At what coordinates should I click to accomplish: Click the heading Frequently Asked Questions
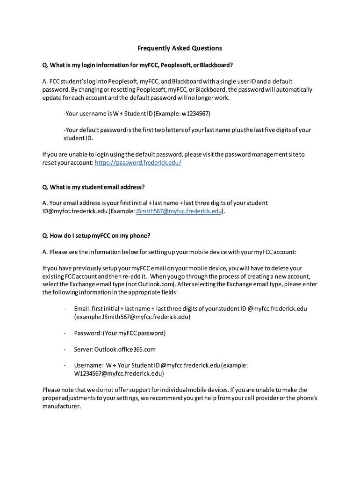pyautogui.click(x=180, y=48)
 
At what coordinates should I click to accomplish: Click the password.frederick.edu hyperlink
pyautogui.click(x=138, y=163)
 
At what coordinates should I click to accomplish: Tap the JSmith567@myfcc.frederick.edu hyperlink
pyautogui.click(x=178, y=211)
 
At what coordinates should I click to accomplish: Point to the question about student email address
pyautogui.click(x=94, y=187)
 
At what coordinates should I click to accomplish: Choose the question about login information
pyautogui.click(x=137, y=65)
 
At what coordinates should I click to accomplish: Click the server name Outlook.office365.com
pyautogui.click(x=125, y=349)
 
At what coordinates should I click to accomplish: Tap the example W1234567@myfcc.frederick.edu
pyautogui.click(x=119, y=374)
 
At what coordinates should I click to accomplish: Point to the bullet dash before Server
pyautogui.click(x=64, y=349)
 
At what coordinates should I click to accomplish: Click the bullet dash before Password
pyautogui.click(x=64, y=334)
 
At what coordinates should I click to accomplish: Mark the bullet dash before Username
pyautogui.click(x=64, y=365)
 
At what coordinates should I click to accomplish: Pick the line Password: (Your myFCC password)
pyautogui.click(x=120, y=334)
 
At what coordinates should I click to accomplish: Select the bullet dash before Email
pyautogui.click(x=64, y=308)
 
